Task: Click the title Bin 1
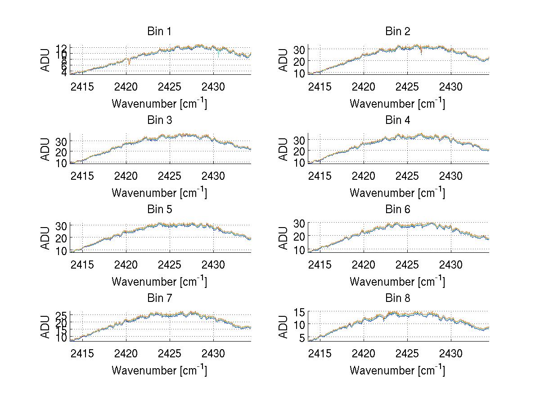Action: (x=159, y=32)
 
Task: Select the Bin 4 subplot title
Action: (x=398, y=120)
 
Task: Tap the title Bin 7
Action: (x=159, y=298)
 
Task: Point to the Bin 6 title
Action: (x=398, y=210)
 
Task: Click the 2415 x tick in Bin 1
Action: (x=82, y=87)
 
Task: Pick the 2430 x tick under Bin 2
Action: (x=451, y=87)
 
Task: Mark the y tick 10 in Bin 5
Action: (x=62, y=251)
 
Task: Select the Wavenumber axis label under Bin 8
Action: (x=397, y=370)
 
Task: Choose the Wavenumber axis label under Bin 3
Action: (x=159, y=193)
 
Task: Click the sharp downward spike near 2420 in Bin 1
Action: (x=129, y=62)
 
